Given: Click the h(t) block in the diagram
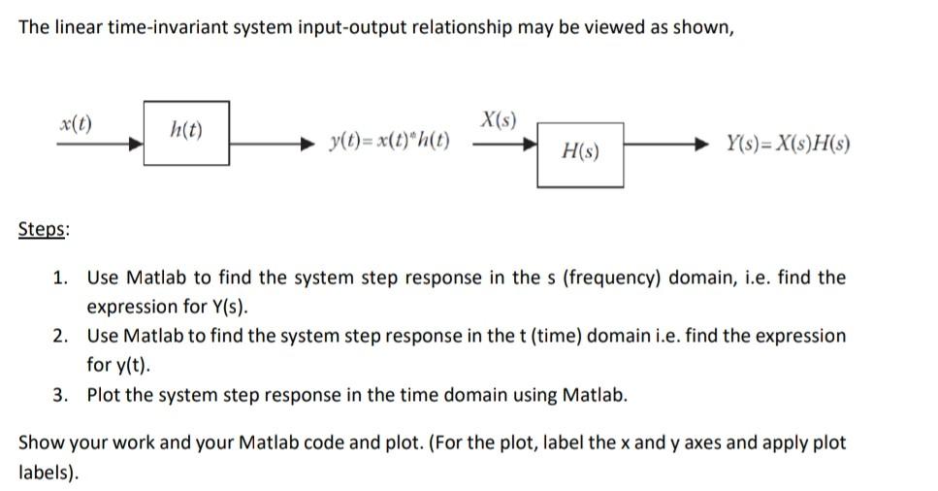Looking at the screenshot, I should [x=186, y=132].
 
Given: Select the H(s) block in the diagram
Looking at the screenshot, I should [x=580, y=153].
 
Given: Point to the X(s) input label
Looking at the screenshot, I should [x=498, y=121].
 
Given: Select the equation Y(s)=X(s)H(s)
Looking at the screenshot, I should [x=789, y=146].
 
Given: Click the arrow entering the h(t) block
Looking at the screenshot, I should [x=97, y=143].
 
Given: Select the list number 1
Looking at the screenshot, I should [x=60, y=278].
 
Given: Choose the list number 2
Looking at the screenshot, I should [x=60, y=337].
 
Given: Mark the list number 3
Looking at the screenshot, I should [x=60, y=396].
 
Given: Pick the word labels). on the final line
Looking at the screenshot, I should [x=49, y=474].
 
